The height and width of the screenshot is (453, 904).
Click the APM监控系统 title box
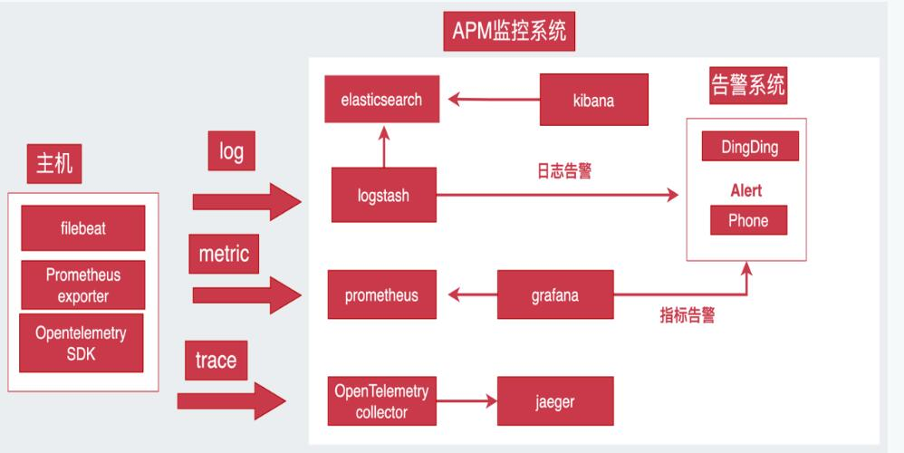(x=509, y=32)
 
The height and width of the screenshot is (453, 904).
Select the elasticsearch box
(x=381, y=100)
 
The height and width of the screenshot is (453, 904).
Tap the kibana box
(x=593, y=100)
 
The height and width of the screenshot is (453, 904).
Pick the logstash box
(x=383, y=195)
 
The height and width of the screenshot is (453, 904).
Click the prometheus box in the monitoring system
(x=381, y=295)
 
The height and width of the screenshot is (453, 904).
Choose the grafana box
(x=554, y=295)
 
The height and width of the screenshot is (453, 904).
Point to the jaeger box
(x=554, y=401)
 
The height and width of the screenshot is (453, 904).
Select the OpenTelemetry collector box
(x=381, y=401)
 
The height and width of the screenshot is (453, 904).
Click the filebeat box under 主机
(x=82, y=228)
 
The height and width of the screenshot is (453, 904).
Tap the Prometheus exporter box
(x=82, y=284)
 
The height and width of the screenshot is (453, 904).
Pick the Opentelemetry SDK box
(x=82, y=342)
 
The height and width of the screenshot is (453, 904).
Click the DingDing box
(x=749, y=147)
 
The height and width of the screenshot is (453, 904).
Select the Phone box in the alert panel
(x=748, y=220)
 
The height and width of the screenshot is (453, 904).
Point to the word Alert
(x=746, y=190)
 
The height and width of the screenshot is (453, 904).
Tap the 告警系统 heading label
(x=748, y=87)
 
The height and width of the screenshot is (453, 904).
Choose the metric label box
(x=224, y=254)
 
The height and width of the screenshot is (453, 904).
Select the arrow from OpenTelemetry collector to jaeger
(x=467, y=401)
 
